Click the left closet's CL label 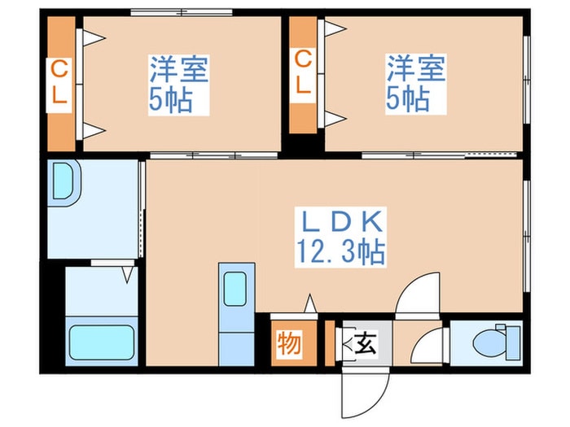click(60, 82)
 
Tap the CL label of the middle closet click(303, 72)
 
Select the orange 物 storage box click(289, 342)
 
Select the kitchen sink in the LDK click(236, 289)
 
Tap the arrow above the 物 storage click(310, 305)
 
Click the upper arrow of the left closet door click(94, 37)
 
